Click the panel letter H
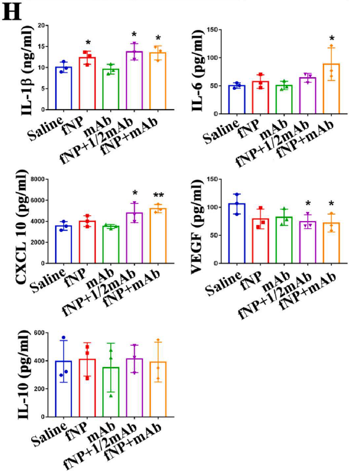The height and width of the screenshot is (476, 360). (13, 13)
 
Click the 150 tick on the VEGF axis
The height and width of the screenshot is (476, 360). (210, 179)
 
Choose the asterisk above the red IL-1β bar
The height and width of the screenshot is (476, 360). (87, 43)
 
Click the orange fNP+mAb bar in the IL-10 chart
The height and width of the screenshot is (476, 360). (159, 389)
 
